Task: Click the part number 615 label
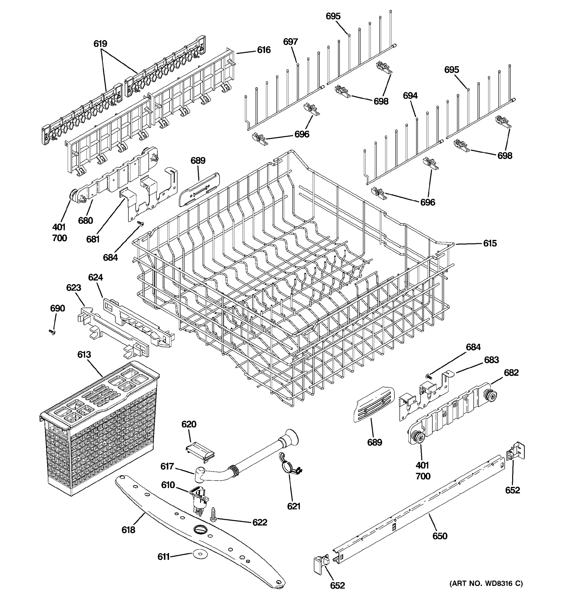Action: click(x=490, y=243)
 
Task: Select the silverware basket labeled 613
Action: click(x=99, y=427)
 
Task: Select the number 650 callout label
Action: click(x=440, y=536)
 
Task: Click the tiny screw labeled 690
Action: click(x=52, y=332)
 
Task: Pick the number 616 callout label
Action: click(x=263, y=50)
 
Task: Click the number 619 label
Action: click(x=100, y=44)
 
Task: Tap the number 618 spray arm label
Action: click(x=128, y=530)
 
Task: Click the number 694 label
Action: click(x=410, y=96)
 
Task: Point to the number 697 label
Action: click(x=290, y=42)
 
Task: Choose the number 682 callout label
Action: click(x=511, y=373)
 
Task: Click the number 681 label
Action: click(x=93, y=239)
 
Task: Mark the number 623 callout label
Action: click(x=74, y=288)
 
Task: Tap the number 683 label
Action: click(x=491, y=360)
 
